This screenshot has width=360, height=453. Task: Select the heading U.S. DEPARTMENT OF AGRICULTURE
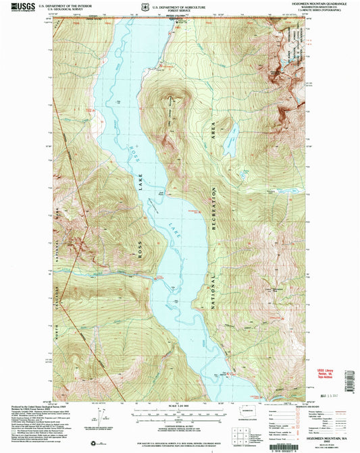click(179, 3)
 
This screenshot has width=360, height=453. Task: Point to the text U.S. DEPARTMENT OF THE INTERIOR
click(61, 4)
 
